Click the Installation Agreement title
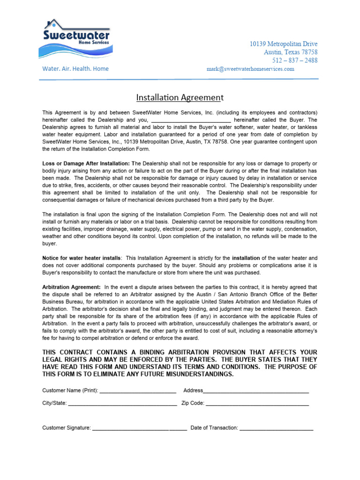coord(180,97)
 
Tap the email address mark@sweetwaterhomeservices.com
coord(250,69)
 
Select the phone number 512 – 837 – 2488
coord(294,60)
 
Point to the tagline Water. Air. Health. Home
coord(75,69)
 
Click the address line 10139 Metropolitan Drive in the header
coord(283,44)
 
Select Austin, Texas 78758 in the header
coord(291,52)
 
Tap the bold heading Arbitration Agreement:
coord(71,287)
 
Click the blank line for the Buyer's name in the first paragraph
coord(191,120)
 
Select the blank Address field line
coord(256,390)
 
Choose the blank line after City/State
coord(122,403)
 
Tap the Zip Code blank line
coord(257,403)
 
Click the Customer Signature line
coord(139,428)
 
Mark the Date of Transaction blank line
coord(276,428)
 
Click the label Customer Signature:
coord(66,428)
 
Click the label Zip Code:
coord(193,403)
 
